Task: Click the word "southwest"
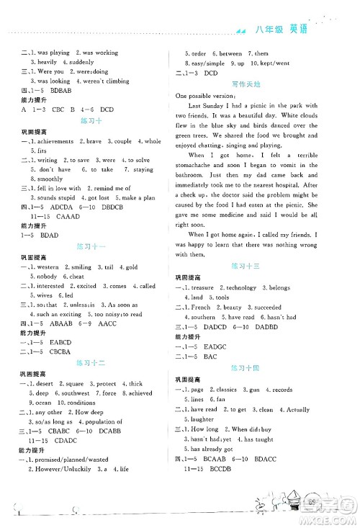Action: click(74, 393)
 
